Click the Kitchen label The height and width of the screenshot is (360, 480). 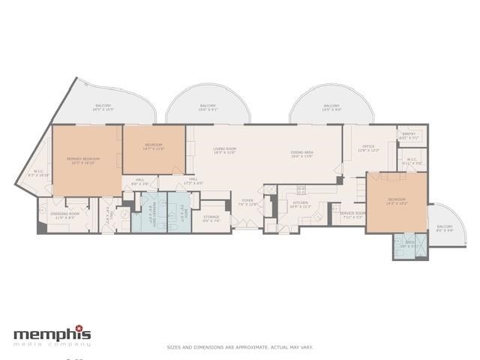(301, 204)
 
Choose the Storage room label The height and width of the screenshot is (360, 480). (211, 218)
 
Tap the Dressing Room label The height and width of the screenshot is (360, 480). (64, 214)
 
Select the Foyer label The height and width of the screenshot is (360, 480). (247, 202)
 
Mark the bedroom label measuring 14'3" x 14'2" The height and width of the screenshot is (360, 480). (397, 201)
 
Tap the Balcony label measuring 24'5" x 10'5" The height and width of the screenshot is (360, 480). (103, 107)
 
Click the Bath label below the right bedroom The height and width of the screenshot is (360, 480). (409, 243)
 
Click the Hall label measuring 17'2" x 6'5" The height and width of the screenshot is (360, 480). (192, 181)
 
